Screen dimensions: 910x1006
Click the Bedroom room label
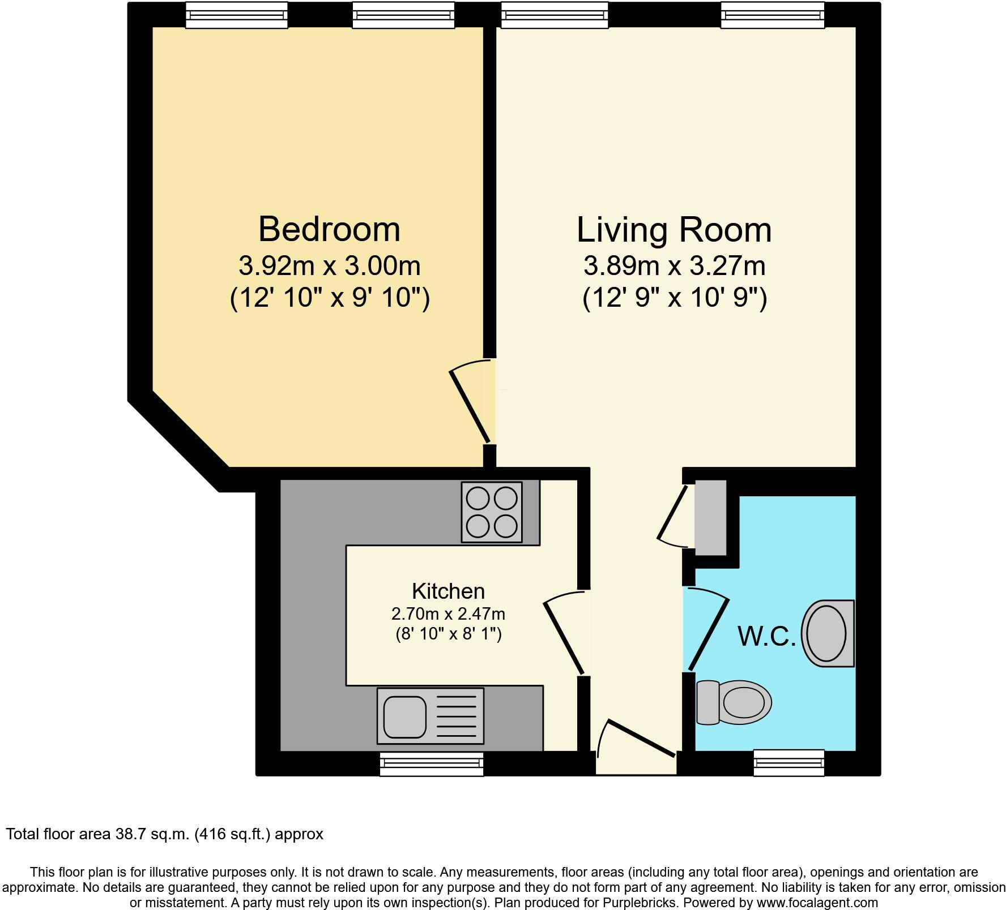pyautogui.click(x=329, y=229)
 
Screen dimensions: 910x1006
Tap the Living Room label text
pyautogui.click(x=674, y=230)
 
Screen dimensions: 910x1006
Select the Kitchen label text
pyautogui.click(x=448, y=591)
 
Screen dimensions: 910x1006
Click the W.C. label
pyautogui.click(x=766, y=636)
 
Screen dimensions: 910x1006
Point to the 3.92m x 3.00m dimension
pyautogui.click(x=329, y=265)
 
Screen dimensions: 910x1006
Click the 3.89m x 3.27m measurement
pyautogui.click(x=674, y=265)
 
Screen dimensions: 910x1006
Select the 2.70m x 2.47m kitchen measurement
pyautogui.click(x=448, y=613)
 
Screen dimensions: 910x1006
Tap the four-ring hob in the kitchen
pyautogui.click(x=492, y=512)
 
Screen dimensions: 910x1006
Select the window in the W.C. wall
pyautogui.click(x=788, y=762)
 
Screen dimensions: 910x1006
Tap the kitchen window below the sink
pyautogui.click(x=432, y=764)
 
